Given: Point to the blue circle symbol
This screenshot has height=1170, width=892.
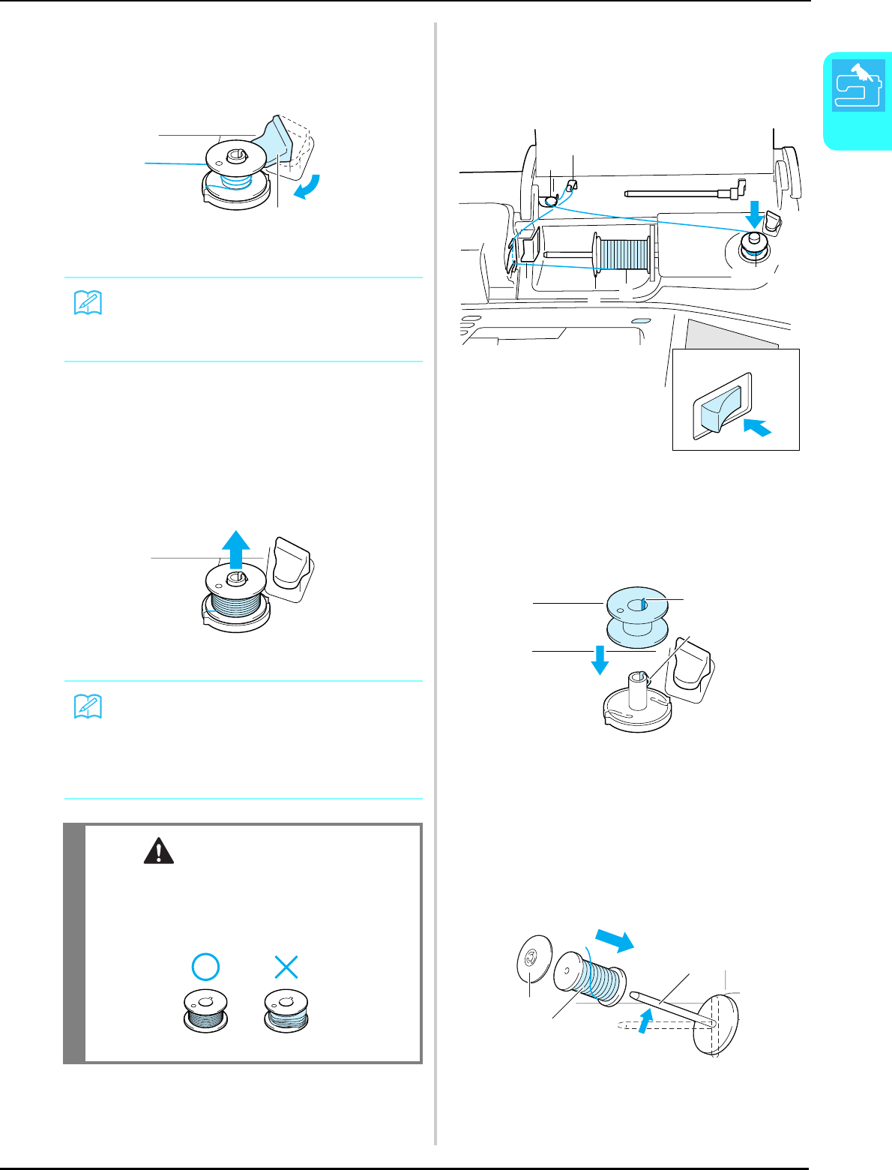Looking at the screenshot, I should click(x=205, y=967).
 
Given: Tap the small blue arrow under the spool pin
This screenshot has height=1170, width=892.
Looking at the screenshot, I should click(x=642, y=1018).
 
